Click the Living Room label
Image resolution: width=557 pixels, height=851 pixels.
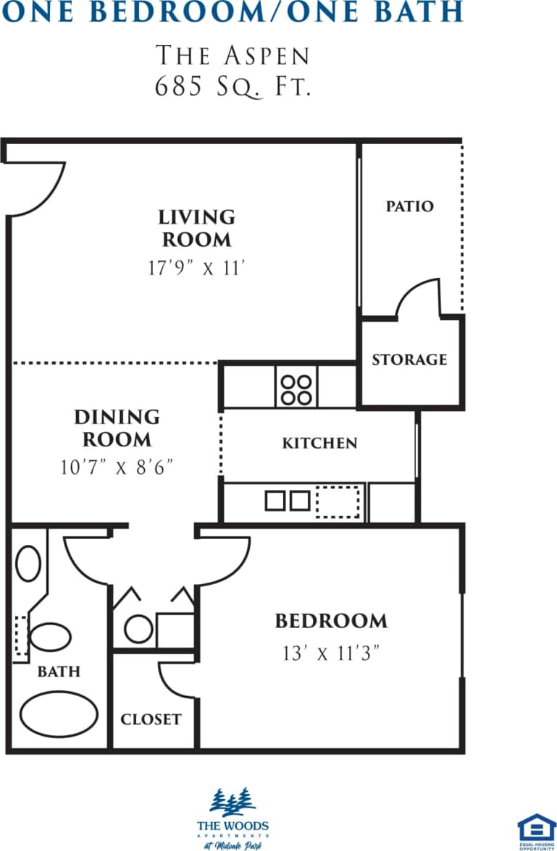coord(196,228)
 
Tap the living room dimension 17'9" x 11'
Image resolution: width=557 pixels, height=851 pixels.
coord(197,268)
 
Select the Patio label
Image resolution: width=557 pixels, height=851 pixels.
coord(409,206)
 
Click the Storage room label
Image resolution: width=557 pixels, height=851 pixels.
coord(409,360)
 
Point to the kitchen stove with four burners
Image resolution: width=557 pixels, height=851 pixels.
coord(296,388)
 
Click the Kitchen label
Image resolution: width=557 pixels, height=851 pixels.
coord(319,443)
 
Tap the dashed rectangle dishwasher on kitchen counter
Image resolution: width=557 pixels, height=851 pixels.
coord(338,501)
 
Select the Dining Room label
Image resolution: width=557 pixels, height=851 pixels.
coord(117,428)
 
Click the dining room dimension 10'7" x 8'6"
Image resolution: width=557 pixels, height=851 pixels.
coord(117,467)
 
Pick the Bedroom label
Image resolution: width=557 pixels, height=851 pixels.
coord(331,621)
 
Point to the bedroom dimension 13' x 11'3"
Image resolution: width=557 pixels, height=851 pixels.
coord(331,653)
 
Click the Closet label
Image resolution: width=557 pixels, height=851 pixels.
coord(151,719)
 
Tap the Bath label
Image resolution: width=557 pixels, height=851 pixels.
coord(59,672)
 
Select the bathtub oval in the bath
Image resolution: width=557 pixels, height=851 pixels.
coord(59,714)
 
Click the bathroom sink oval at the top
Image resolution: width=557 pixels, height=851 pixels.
coord(28,563)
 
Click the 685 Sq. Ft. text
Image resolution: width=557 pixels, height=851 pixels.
coord(233,88)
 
